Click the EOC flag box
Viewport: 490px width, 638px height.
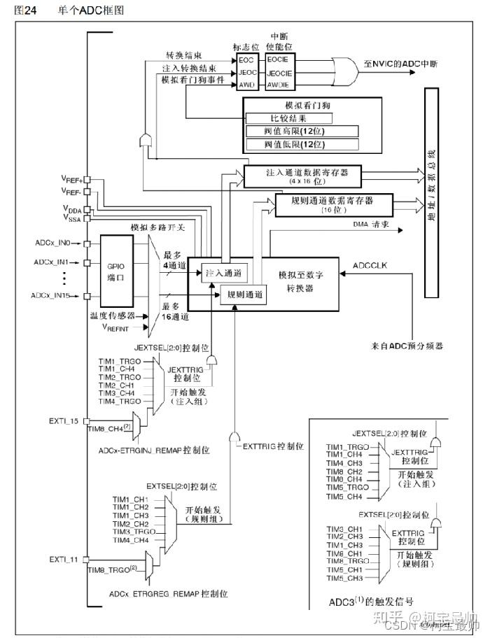(x=248, y=59)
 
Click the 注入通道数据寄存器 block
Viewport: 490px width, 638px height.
(x=302, y=175)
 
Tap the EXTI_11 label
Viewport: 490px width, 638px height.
(x=64, y=559)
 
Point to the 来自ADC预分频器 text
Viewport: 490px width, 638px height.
(x=407, y=346)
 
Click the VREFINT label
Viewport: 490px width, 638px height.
(x=118, y=327)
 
